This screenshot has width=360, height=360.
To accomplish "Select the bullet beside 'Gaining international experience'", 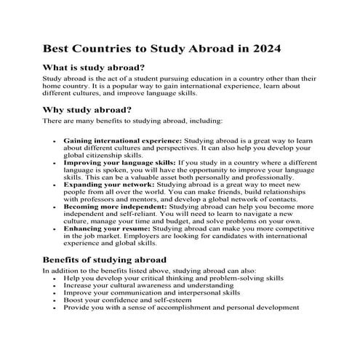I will tap(55, 139).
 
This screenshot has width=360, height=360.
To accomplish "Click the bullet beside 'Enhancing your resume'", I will tap(55, 229).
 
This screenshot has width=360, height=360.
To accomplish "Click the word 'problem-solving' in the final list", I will tap(223, 279).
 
